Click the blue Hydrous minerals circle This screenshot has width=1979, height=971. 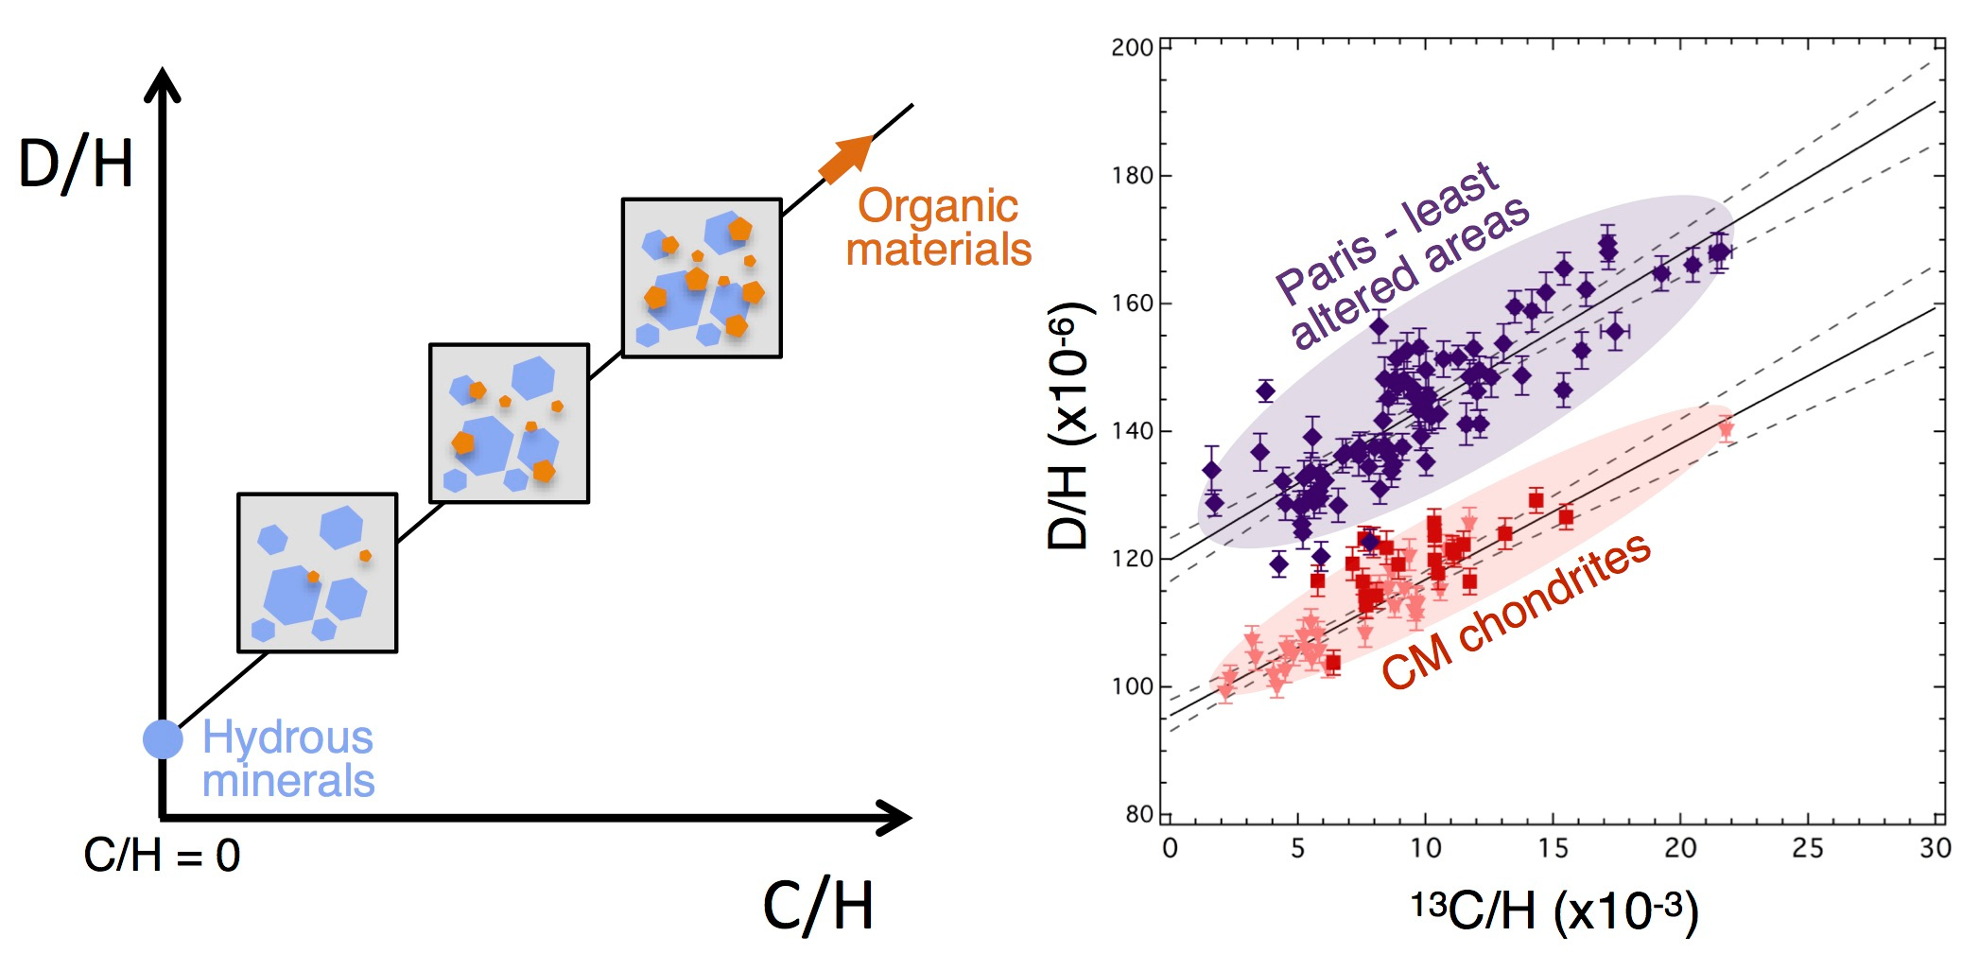[163, 738]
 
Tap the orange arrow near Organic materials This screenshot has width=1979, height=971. [845, 159]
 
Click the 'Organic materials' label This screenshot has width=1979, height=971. [938, 228]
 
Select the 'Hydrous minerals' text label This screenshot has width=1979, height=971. [288, 759]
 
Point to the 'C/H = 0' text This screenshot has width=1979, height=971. [162, 856]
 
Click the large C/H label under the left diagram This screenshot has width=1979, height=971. [818, 906]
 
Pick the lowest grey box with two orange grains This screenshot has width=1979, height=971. [317, 573]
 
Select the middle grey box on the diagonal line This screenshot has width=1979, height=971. [509, 423]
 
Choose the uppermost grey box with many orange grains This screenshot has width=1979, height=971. [702, 278]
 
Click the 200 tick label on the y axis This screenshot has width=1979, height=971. [1132, 47]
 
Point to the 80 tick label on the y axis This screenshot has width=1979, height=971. [1138, 814]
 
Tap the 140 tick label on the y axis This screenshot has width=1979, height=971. [1132, 431]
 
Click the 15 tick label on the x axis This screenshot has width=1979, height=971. [1553, 848]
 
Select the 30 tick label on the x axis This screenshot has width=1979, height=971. [1935, 848]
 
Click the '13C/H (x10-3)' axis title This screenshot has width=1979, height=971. [1554, 911]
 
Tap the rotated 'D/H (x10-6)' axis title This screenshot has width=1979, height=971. [1070, 425]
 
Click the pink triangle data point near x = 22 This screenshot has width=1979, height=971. [1726, 429]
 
